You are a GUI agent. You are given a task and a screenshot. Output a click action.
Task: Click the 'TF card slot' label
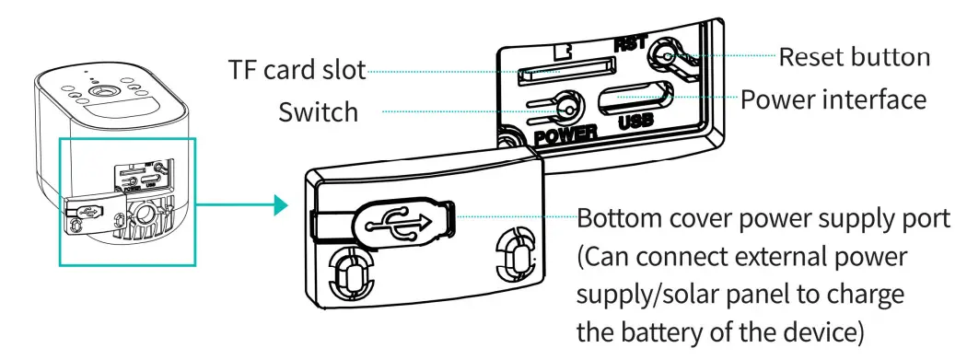point(297,69)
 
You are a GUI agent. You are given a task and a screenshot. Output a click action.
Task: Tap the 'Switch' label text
point(319,112)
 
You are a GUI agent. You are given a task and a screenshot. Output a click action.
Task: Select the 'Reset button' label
point(854,57)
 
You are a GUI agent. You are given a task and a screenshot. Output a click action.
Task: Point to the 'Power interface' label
point(833,99)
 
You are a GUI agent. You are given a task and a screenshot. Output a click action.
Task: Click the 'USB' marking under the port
point(635,121)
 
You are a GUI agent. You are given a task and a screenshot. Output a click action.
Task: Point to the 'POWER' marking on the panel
point(566,134)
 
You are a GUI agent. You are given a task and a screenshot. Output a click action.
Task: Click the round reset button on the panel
point(665,55)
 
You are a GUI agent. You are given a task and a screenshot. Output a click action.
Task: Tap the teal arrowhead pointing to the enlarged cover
point(281,205)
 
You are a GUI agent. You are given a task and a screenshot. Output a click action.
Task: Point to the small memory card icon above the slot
point(562,50)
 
